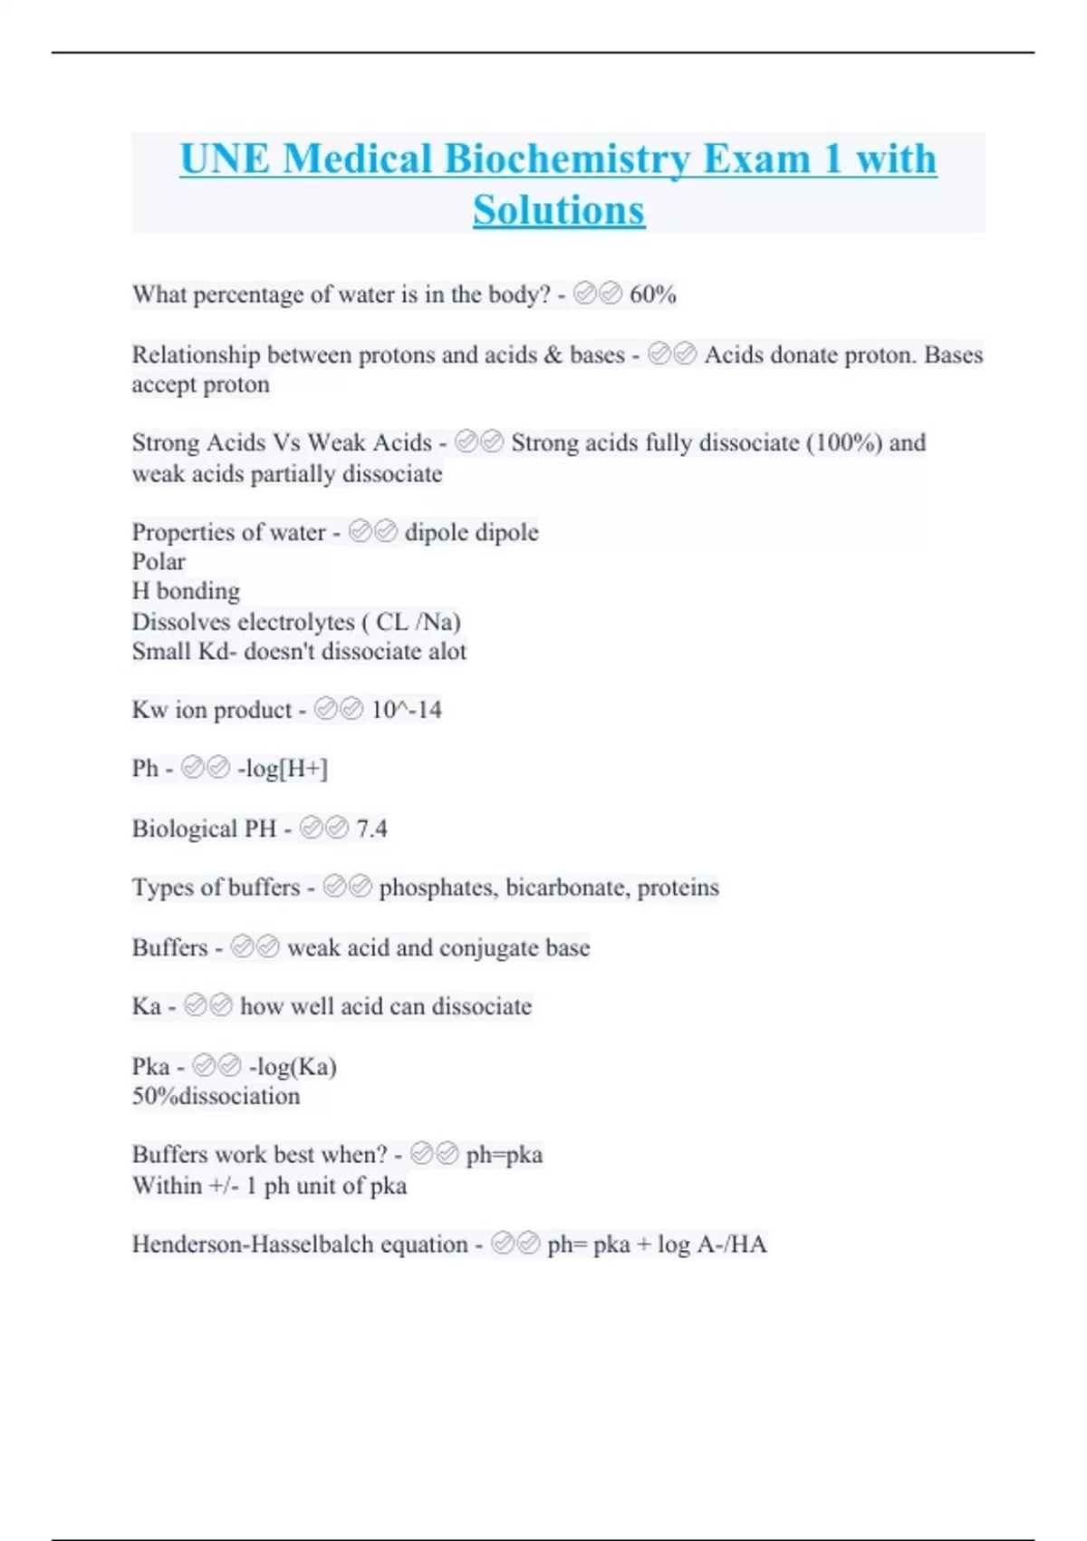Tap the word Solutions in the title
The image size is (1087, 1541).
point(559,210)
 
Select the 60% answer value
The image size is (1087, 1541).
point(652,295)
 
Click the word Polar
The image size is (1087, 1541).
point(159,561)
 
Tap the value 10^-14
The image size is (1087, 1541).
point(406,710)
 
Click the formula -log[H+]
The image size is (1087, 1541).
point(283,769)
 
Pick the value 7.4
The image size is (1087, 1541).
point(371,829)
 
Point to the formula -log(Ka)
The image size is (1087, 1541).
point(293,1067)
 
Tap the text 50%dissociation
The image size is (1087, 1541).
point(216,1096)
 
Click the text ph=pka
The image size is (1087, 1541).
point(504,1155)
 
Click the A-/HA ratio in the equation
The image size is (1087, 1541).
point(732,1245)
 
